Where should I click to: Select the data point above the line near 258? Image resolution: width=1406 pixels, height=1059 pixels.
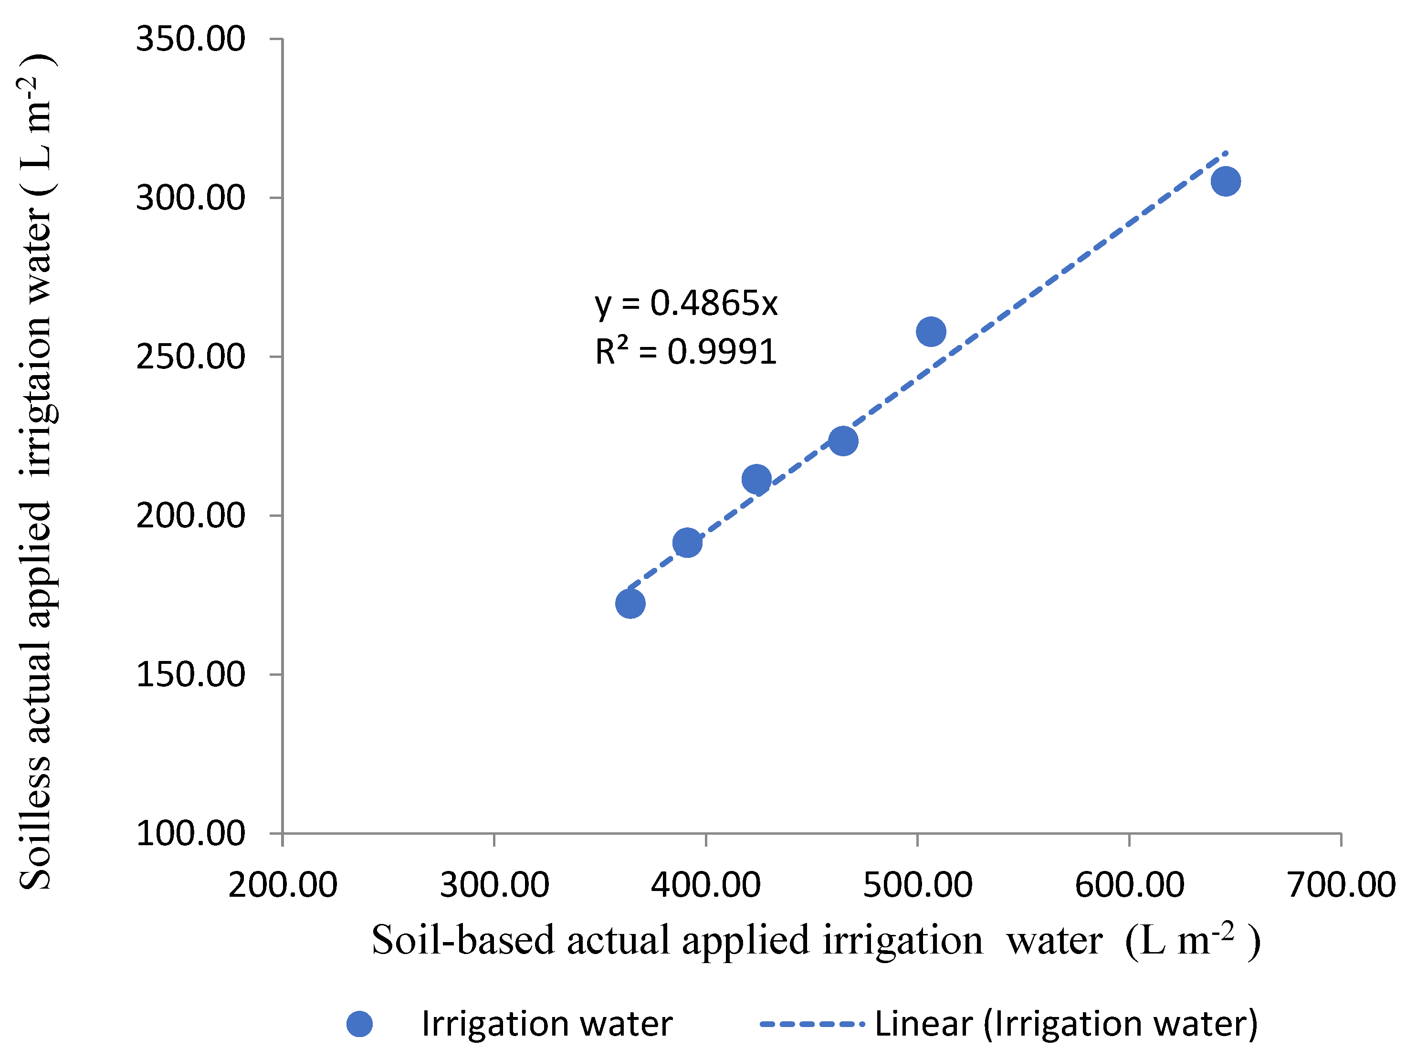(x=931, y=331)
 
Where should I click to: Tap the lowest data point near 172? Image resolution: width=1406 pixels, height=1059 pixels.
(x=630, y=603)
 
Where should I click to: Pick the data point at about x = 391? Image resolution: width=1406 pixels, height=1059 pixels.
(x=687, y=542)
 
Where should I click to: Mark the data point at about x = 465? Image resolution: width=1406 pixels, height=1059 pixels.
(x=843, y=440)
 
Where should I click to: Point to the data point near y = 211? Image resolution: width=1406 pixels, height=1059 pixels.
(x=756, y=479)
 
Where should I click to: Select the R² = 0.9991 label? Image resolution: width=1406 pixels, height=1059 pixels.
(x=686, y=352)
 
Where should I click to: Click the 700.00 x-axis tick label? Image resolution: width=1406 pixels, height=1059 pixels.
(x=1341, y=885)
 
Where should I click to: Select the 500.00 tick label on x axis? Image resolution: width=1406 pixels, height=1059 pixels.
(x=917, y=885)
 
